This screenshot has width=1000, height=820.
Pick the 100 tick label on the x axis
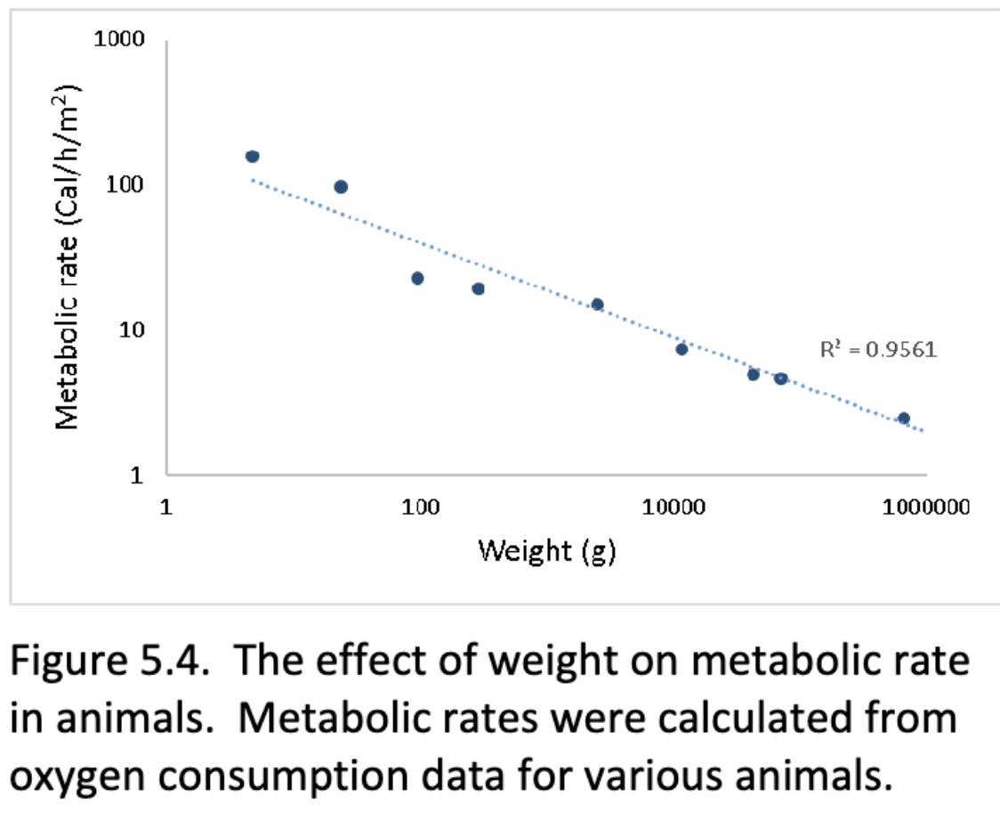tap(420, 508)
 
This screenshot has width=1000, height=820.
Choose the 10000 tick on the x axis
tap(673, 508)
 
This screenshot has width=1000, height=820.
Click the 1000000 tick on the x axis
tap(925, 508)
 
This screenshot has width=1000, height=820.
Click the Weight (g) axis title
tap(546, 551)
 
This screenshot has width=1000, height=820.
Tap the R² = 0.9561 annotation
tap(878, 349)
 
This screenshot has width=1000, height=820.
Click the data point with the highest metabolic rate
tap(252, 157)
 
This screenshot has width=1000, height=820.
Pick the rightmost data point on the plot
tap(903, 418)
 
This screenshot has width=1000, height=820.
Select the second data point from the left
tap(340, 187)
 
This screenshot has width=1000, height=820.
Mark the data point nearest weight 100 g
tap(417, 279)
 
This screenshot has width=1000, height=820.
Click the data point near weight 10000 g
tap(681, 349)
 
